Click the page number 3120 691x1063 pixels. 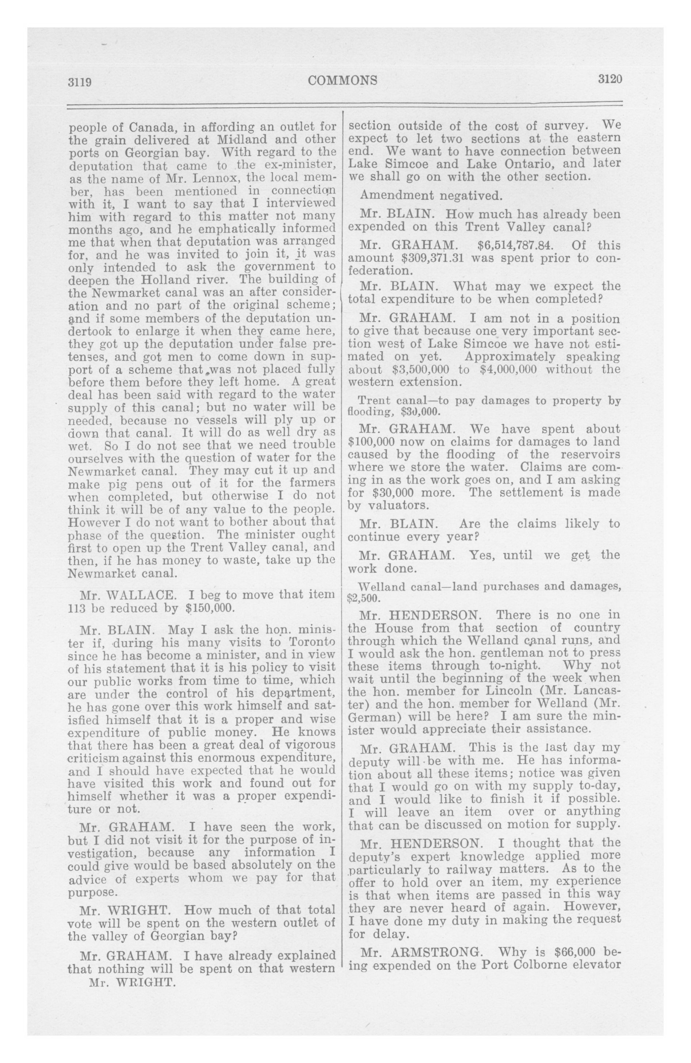click(610, 79)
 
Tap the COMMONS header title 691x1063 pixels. click(342, 80)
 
